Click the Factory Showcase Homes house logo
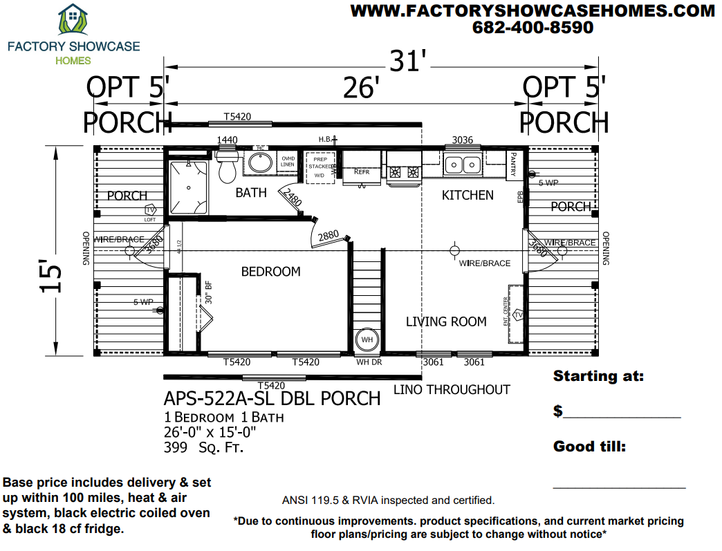pyautogui.click(x=73, y=21)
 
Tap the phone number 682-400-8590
pyautogui.click(x=533, y=28)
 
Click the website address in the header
pyautogui.click(x=533, y=10)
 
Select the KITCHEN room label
pyautogui.click(x=468, y=196)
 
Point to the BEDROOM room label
pyautogui.click(x=270, y=272)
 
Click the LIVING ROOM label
pyautogui.click(x=446, y=321)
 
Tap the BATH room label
pyautogui.click(x=250, y=193)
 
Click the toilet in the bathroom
pyautogui.click(x=227, y=167)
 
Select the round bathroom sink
pyautogui.click(x=261, y=163)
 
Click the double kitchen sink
pyautogui.click(x=463, y=165)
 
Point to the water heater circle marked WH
pyautogui.click(x=367, y=340)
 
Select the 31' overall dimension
pyautogui.click(x=407, y=62)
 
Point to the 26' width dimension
pyautogui.click(x=361, y=88)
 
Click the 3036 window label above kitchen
pyautogui.click(x=462, y=140)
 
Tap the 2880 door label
pyautogui.click(x=328, y=236)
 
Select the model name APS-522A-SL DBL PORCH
pyautogui.click(x=272, y=398)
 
